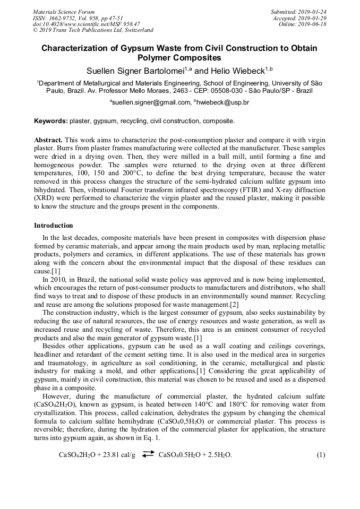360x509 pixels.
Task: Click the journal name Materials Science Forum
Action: coord(64,12)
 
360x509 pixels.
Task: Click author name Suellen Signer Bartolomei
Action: coord(135,71)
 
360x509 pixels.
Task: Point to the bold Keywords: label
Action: coord(51,122)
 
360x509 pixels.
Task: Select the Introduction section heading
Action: coord(54,226)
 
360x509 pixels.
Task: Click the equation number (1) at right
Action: coord(321,455)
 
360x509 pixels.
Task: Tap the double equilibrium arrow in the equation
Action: coord(148,454)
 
